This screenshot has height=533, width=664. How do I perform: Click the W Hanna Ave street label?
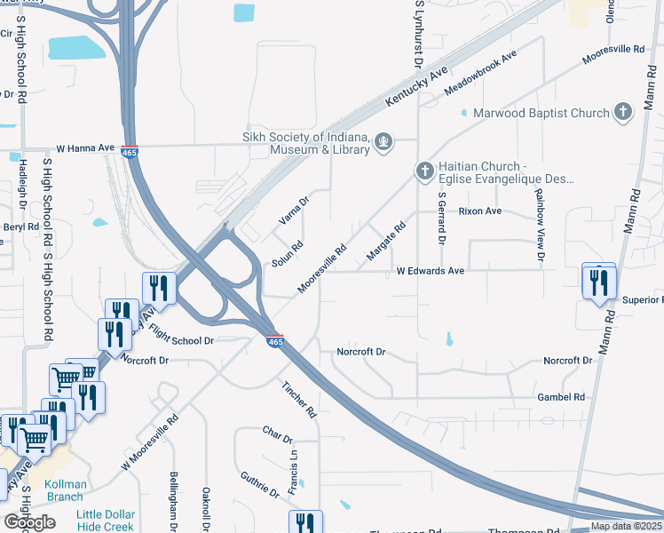pos(85,147)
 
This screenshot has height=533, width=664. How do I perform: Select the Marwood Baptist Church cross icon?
pos(623,113)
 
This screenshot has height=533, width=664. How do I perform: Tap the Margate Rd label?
pos(386,242)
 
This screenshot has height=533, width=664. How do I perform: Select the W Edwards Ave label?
pos(430,270)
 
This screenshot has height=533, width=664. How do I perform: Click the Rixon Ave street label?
pos(479,211)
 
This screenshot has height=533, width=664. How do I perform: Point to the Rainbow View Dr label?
pos(538,219)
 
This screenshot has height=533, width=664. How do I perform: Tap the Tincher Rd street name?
pos(298,399)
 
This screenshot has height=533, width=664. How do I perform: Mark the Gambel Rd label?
pos(561,397)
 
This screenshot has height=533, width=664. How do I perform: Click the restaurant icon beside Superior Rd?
pos(598,283)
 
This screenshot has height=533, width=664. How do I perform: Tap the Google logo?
pos(29,522)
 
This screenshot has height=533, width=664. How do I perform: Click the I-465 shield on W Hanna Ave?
pos(130,152)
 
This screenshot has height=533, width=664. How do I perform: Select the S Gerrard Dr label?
pos(440,219)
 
